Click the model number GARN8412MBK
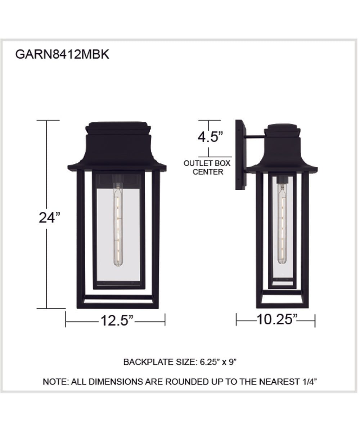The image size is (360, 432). click(x=62, y=54)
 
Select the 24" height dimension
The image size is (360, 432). click(x=49, y=218)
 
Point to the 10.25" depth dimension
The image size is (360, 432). click(x=276, y=319)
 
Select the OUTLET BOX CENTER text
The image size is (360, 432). click(x=207, y=167)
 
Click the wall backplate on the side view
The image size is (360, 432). click(x=240, y=155)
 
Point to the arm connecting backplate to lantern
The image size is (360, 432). click(x=255, y=137)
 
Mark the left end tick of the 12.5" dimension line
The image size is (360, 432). click(x=66, y=320)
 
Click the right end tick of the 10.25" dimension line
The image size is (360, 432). click(x=315, y=320)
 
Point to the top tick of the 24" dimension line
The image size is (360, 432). click(x=47, y=121)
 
